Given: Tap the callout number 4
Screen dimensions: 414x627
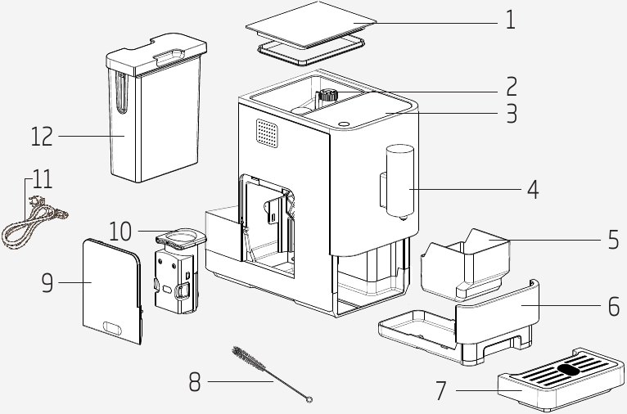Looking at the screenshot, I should [533, 190].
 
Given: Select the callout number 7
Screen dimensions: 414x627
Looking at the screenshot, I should [441, 391].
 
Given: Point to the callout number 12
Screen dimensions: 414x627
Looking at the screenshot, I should [42, 136].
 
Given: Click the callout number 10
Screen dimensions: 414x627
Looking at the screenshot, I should [120, 231].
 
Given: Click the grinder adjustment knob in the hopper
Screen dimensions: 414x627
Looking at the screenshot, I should [329, 95].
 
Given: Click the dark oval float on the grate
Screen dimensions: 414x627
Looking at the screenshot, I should [568, 369].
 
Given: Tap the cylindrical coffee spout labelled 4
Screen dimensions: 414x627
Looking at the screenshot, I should [398, 180].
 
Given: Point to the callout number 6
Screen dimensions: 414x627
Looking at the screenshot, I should [613, 307].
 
